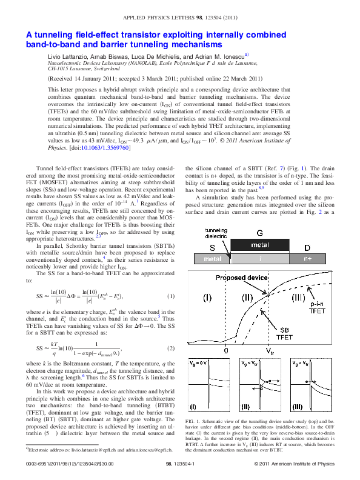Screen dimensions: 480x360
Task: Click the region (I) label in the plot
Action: (x=207, y=297)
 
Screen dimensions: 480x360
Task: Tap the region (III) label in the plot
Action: (x=299, y=297)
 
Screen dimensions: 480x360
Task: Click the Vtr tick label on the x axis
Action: (x=270, y=351)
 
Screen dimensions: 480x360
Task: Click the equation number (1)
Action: (x=170, y=296)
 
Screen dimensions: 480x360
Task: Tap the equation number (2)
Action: (x=170, y=350)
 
